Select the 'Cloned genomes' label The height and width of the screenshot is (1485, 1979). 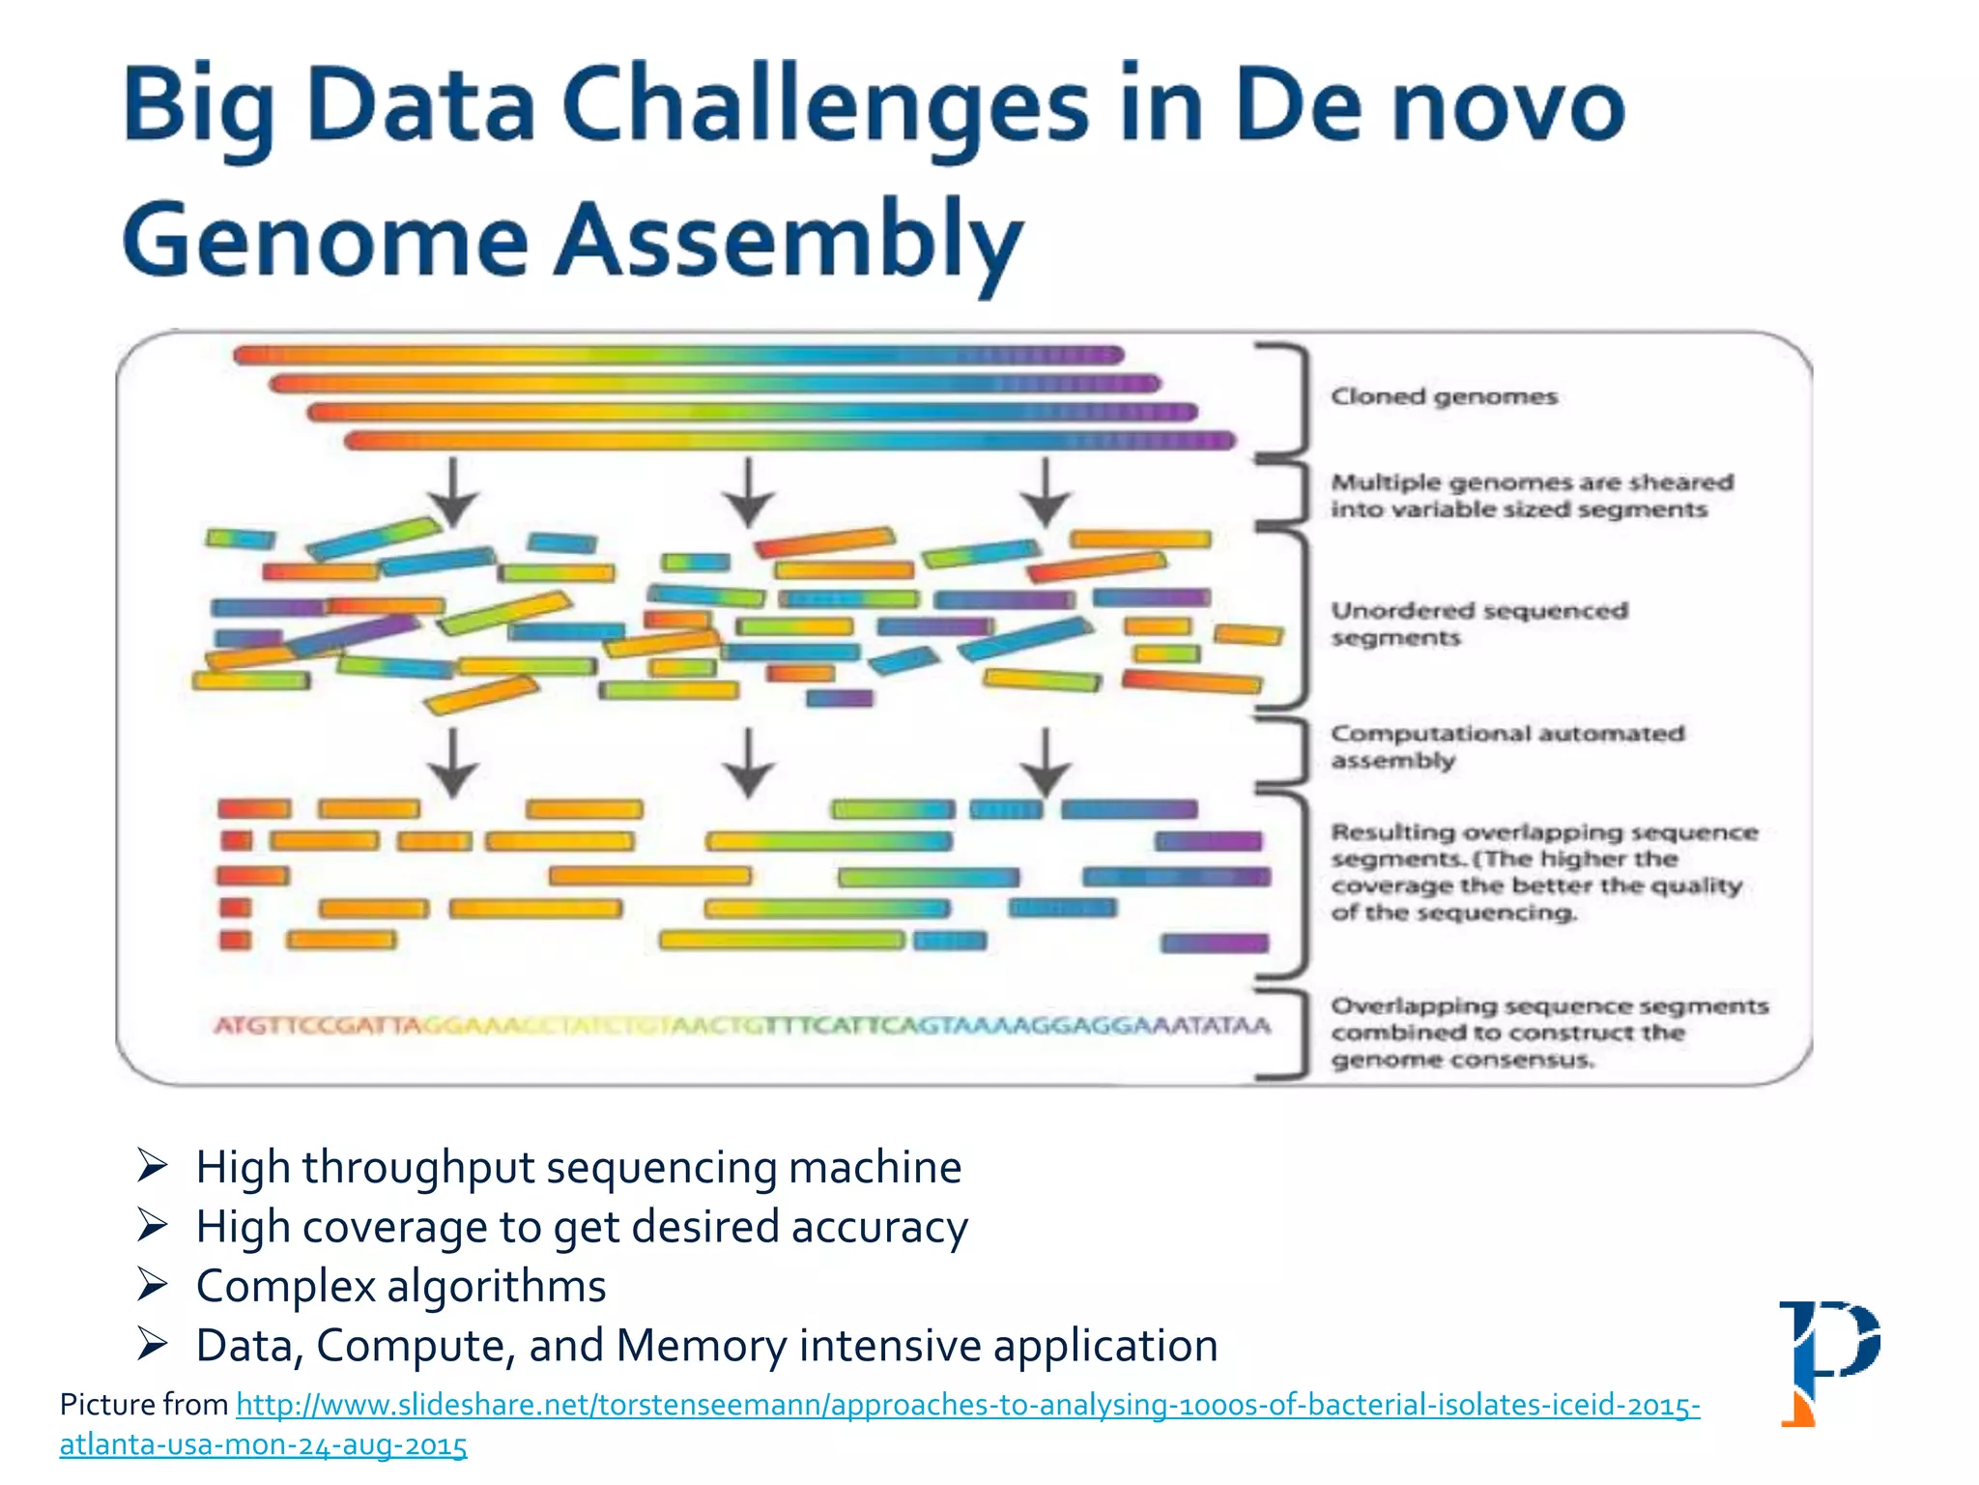pyautogui.click(x=1444, y=397)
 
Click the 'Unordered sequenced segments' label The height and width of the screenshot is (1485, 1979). pyautogui.click(x=1478, y=625)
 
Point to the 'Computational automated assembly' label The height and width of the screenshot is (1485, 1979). pyautogui.click(x=1506, y=747)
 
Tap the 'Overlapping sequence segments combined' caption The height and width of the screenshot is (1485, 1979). pyautogui.click(x=1549, y=1033)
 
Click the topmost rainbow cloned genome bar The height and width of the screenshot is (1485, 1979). pyautogui.click(x=678, y=356)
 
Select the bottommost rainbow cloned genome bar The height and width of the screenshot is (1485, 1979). pyautogui.click(x=789, y=442)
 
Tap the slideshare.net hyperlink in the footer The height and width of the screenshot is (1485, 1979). pyautogui.click(x=967, y=1405)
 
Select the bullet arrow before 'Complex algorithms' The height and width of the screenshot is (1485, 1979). pyautogui.click(x=153, y=1285)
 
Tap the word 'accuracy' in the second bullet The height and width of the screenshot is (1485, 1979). pyautogui.click(x=878, y=1227)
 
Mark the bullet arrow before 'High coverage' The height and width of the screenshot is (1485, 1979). pyautogui.click(x=153, y=1226)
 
